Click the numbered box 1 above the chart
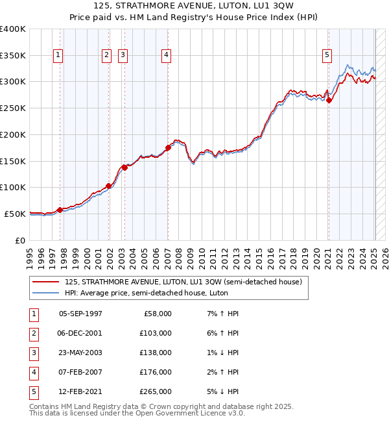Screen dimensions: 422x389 [x=58, y=56]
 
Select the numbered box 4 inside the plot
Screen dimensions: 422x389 [x=167, y=56]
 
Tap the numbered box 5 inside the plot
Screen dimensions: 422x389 [x=327, y=56]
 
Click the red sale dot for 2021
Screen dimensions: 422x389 [x=329, y=100]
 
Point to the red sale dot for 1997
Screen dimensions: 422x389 [x=60, y=209]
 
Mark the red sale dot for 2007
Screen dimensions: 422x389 [x=168, y=147]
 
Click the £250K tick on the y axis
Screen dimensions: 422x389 [x=13, y=108]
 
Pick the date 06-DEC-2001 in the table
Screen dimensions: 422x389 [x=80, y=333]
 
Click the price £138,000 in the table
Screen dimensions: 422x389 [x=156, y=353]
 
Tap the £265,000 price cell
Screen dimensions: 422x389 [x=156, y=391]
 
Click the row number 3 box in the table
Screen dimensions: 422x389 [x=33, y=353]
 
